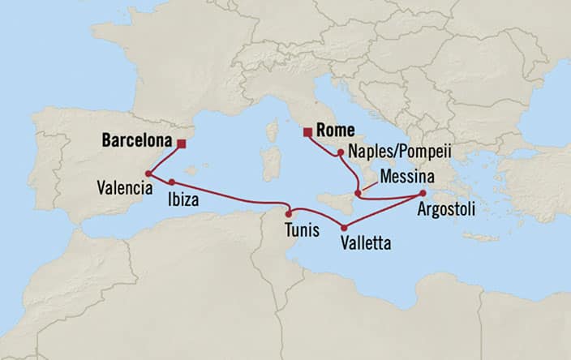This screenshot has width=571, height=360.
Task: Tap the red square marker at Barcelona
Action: click(x=181, y=144)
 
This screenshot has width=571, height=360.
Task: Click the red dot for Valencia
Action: click(x=148, y=173)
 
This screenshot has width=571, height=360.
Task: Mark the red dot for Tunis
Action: click(x=288, y=213)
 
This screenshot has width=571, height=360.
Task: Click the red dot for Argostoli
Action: click(x=422, y=193)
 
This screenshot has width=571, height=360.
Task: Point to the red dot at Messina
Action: click(x=358, y=193)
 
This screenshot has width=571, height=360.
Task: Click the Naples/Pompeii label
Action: click(x=397, y=152)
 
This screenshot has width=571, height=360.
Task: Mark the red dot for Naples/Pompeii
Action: click(x=340, y=151)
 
